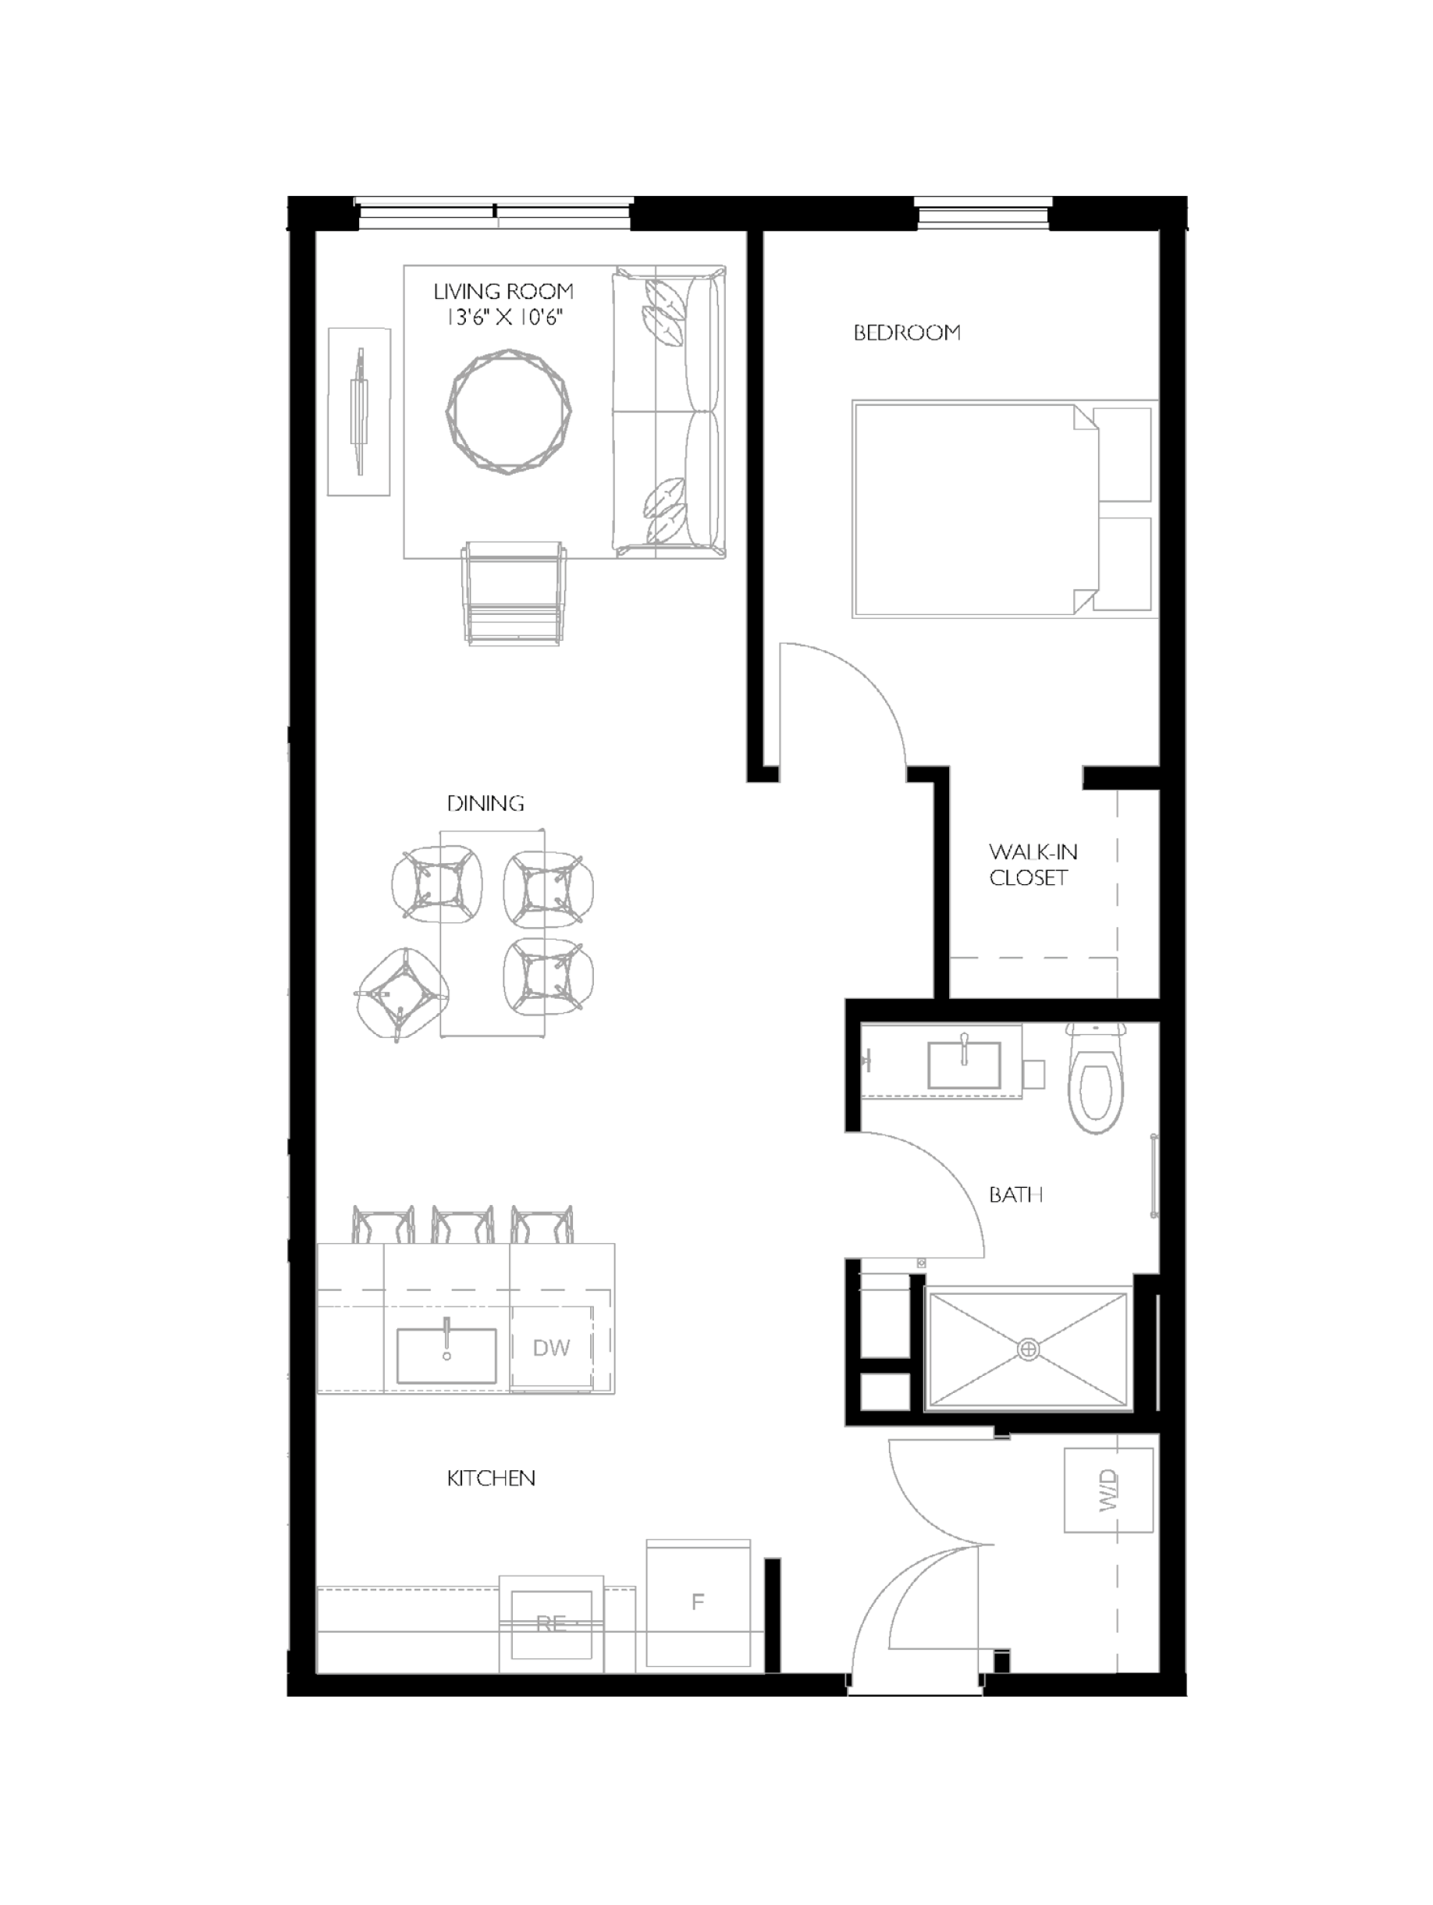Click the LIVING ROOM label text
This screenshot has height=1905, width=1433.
(503, 292)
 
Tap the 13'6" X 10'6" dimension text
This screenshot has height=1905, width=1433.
(503, 318)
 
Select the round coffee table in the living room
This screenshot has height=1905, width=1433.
(508, 410)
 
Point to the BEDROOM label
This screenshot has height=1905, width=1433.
(906, 332)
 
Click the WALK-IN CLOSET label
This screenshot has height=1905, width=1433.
(1032, 864)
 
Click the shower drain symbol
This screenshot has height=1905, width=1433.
(1027, 1349)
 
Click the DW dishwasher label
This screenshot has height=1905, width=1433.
(550, 1348)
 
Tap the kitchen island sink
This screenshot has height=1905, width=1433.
(446, 1356)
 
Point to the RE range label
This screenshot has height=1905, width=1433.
(551, 1623)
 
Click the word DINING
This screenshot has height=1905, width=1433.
(485, 804)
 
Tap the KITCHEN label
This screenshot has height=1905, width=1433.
(491, 1479)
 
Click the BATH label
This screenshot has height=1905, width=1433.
(1015, 1195)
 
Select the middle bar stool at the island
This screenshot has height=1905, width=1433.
(463, 1225)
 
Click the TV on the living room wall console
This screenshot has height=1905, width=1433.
(359, 410)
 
